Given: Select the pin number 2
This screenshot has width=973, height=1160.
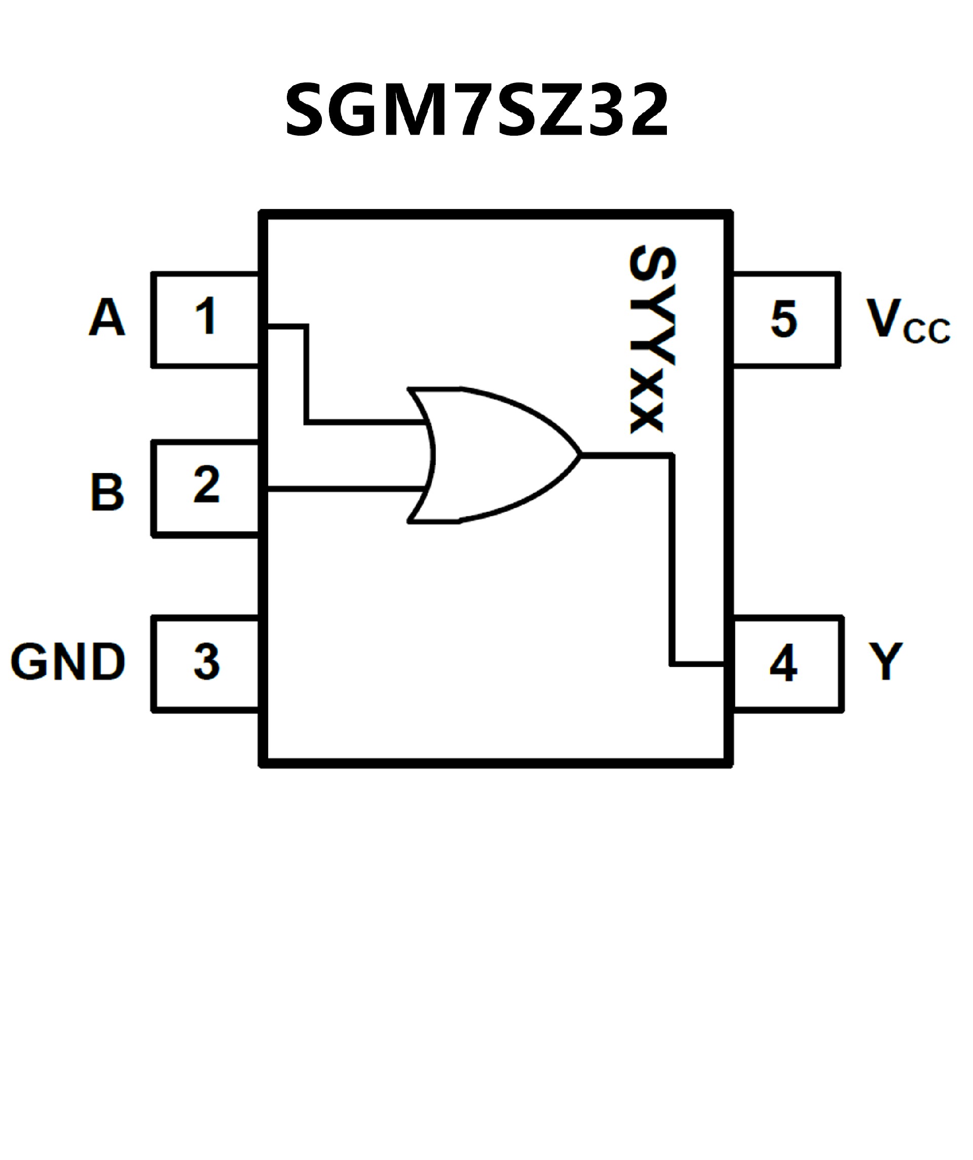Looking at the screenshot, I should [x=206, y=485].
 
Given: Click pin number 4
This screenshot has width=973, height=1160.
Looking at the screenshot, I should [x=783, y=663].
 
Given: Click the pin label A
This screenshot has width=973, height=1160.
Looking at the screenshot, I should [x=107, y=317].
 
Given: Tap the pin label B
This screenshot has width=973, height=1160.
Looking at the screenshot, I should [x=107, y=492].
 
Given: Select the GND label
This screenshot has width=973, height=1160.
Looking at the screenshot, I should [x=67, y=661].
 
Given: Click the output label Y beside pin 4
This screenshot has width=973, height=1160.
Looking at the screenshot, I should [x=886, y=661].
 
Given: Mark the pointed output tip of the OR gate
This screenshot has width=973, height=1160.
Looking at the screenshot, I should [x=580, y=455].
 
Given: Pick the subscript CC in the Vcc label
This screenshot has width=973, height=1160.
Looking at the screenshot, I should [x=926, y=331].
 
